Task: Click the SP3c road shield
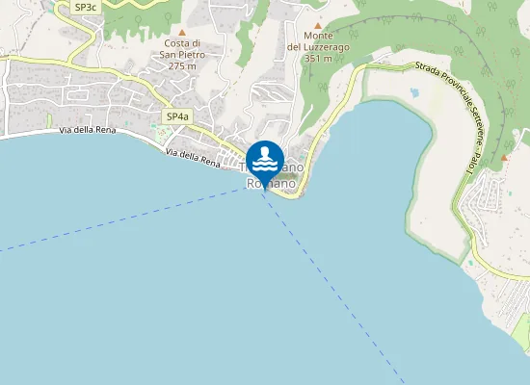pos(86,7)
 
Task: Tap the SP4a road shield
pos(175,116)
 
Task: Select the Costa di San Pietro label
pos(182,49)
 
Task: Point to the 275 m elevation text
pos(182,66)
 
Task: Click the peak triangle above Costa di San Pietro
pos(182,32)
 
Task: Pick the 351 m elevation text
pos(317,60)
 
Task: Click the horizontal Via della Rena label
pos(88,129)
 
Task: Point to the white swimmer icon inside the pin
pos(265,158)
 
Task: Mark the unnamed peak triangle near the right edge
pos(504,157)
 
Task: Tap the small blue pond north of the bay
pos(414,93)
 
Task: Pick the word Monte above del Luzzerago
pos(317,37)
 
